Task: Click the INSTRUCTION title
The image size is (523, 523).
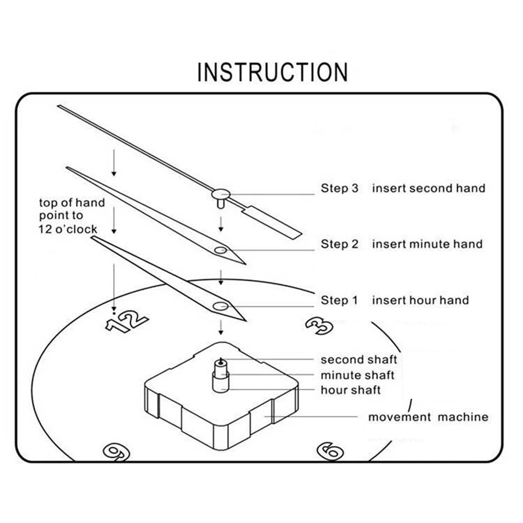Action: pyautogui.click(x=272, y=72)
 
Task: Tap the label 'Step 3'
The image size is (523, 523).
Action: pyautogui.click(x=340, y=188)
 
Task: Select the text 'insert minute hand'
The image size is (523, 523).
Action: pyautogui.click(x=427, y=244)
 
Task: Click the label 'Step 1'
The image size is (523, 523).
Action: pyautogui.click(x=340, y=300)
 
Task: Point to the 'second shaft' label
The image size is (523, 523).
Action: pyautogui.click(x=358, y=359)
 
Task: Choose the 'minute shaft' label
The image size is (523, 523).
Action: pyautogui.click(x=357, y=375)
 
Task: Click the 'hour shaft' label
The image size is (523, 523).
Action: pyautogui.click(x=351, y=390)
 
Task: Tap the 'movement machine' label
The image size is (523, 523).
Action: pyautogui.click(x=428, y=417)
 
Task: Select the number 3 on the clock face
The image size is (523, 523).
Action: pyautogui.click(x=319, y=325)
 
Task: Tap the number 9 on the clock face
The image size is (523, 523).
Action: pyautogui.click(x=115, y=451)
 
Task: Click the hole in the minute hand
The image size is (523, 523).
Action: pyautogui.click(x=220, y=250)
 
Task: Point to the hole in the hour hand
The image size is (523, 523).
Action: pyautogui.click(x=220, y=306)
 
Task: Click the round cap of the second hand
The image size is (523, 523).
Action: pyautogui.click(x=220, y=194)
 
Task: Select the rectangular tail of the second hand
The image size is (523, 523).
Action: pyautogui.click(x=272, y=222)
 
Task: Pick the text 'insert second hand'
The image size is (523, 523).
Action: pyautogui.click(x=428, y=188)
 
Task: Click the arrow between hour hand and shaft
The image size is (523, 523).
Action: pyautogui.click(x=221, y=328)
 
